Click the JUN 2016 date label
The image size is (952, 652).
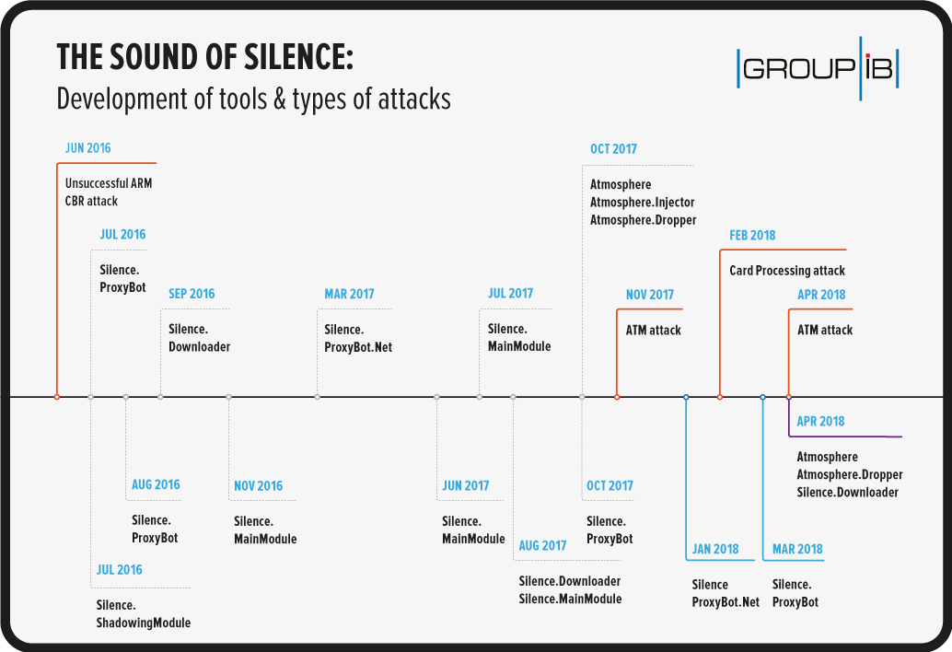(x=88, y=148)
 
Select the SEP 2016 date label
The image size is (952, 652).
(x=192, y=294)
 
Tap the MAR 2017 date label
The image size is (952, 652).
(x=349, y=294)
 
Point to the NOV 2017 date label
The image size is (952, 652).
(x=650, y=295)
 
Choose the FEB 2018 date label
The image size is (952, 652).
(x=752, y=235)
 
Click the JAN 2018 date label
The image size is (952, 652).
(x=715, y=549)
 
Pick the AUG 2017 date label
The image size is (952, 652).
(x=542, y=545)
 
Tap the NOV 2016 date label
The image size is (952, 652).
(x=258, y=485)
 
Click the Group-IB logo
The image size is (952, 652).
(x=818, y=68)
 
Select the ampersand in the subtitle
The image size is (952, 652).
(x=279, y=99)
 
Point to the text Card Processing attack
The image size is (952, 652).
(x=787, y=271)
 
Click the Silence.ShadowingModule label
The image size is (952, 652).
(x=144, y=613)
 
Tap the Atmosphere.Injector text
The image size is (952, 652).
(x=643, y=203)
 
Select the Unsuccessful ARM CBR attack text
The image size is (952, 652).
(x=109, y=192)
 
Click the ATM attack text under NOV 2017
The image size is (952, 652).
(x=654, y=331)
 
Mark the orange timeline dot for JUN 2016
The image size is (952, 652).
(x=57, y=397)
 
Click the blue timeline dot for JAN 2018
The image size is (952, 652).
(x=686, y=397)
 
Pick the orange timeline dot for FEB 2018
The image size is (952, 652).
(x=720, y=397)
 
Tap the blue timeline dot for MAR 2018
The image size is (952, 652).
(x=763, y=397)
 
